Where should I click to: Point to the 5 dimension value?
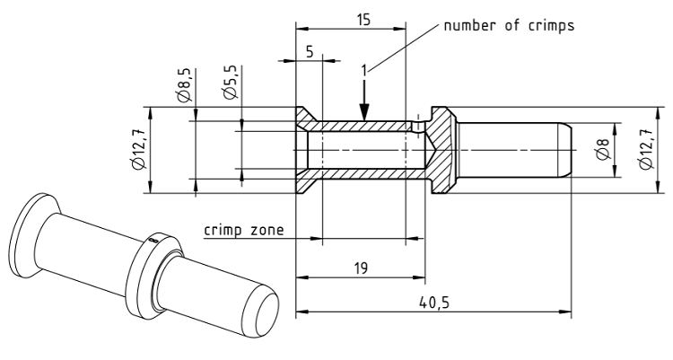(310, 52)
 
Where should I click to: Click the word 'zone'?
(267, 229)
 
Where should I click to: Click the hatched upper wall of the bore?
(359, 126)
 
